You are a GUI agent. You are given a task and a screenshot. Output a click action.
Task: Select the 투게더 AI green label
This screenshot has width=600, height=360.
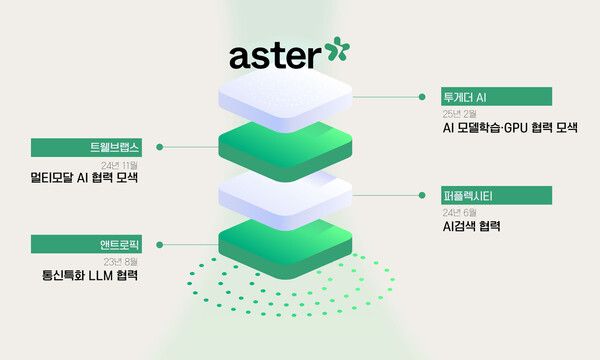coord(497,97)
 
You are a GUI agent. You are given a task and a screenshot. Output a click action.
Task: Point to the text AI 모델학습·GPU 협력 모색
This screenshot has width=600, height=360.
coord(510,129)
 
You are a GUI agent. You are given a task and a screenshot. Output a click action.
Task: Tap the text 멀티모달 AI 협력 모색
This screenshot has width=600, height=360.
coord(85,179)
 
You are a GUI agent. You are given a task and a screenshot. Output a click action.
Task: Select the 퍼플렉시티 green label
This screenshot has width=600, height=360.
coord(497,194)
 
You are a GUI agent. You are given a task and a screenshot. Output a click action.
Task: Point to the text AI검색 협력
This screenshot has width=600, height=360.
coord(472,227)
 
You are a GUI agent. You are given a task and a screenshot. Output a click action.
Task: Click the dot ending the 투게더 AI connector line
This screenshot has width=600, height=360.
coord(421,98)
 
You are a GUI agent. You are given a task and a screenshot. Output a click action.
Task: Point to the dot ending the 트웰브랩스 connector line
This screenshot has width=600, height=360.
coord(160,147)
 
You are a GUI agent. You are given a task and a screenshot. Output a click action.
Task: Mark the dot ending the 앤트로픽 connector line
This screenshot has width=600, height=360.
coord(160,242)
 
